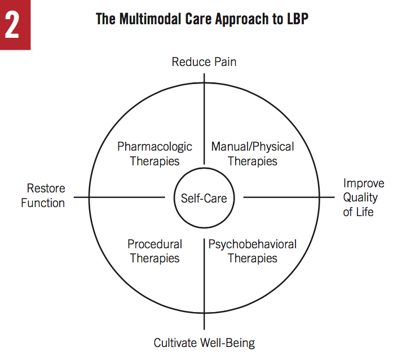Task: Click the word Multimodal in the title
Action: [148, 18]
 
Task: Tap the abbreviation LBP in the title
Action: [297, 18]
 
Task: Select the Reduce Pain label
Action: [204, 62]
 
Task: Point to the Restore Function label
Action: [43, 195]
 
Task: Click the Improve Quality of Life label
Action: [364, 197]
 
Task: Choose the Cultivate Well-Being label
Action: [204, 343]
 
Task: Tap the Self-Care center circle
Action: [204, 197]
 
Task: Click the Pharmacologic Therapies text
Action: [155, 153]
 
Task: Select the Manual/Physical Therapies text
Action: [252, 153]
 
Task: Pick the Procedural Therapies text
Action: [155, 251]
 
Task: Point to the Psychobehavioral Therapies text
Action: [252, 251]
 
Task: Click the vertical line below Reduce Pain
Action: [204, 113]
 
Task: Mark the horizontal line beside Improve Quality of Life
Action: [288, 197]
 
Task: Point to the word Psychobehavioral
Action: [252, 244]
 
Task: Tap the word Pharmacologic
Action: [155, 147]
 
